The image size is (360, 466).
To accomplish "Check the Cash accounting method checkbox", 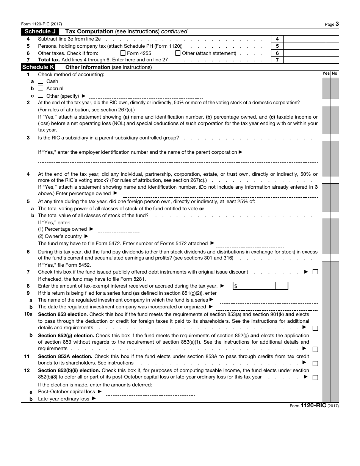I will pyautogui.click(x=41, y=81).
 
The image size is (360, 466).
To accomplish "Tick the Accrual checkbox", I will pyautogui.click(x=41, y=88).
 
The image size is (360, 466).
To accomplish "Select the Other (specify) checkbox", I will pyautogui.click(x=41, y=96).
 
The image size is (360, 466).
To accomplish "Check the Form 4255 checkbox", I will pyautogui.click(x=123, y=53).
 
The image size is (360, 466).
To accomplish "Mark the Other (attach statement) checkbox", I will pyautogui.click(x=178, y=53).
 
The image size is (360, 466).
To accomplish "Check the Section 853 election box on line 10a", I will pyautogui.click(x=315, y=328).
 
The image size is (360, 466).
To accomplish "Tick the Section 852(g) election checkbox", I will pyautogui.click(x=315, y=349).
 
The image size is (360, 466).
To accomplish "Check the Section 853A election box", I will pyautogui.click(x=315, y=363).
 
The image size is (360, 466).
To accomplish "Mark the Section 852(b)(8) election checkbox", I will pyautogui.click(x=315, y=377).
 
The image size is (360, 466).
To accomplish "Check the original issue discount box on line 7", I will pyautogui.click(x=315, y=272).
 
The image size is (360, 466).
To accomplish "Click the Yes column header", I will pyautogui.click(x=326, y=73).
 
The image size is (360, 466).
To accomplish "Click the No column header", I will pyautogui.click(x=335, y=73).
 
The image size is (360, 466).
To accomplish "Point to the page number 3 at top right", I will pyautogui.click(x=337, y=24).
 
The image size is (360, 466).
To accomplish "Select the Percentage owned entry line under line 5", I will pyautogui.click(x=119, y=230).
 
